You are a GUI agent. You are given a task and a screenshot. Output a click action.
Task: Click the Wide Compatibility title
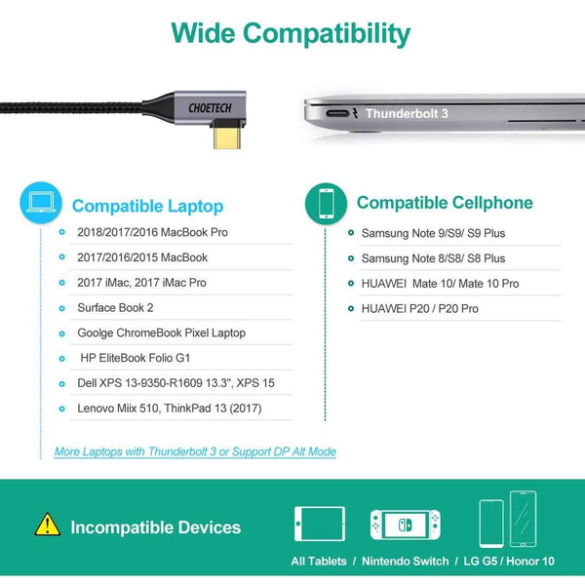pos(291,34)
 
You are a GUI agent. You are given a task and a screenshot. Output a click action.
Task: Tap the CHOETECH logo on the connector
pos(210,108)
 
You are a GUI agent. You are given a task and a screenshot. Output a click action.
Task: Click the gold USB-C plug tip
pos(227,137)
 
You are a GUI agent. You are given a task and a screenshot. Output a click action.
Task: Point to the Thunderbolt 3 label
pos(407,113)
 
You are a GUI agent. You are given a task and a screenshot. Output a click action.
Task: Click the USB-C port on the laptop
pos(337,113)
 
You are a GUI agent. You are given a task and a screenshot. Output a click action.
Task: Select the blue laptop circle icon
pos(41,203)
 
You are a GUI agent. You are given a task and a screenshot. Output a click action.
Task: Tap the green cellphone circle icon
pos(326,204)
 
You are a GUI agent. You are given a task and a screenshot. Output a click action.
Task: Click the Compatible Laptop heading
pos(148,206)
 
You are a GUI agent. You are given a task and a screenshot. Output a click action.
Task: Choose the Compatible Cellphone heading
pos(445,203)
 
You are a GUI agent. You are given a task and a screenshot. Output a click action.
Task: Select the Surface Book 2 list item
pos(115,308)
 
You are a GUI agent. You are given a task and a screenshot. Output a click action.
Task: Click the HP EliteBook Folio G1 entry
pos(136,358)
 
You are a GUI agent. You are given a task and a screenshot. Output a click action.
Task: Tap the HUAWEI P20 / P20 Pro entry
pos(419,308)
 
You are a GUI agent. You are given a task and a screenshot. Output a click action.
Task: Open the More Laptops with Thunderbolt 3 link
pos(195,451)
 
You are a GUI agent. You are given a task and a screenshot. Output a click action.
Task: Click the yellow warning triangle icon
pos(48,525)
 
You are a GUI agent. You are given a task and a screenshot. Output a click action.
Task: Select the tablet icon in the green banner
pos(320,524)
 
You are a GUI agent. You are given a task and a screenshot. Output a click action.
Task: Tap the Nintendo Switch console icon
pos(406,525)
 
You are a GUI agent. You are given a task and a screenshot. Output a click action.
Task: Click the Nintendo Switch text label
pos(406,562)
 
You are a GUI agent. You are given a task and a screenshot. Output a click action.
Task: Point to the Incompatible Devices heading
pos(156,527)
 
